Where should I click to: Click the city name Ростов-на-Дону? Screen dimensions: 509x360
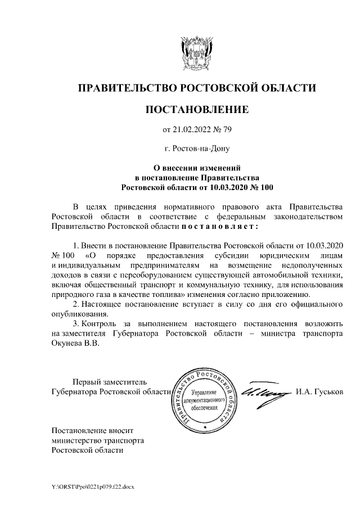pos(201,149)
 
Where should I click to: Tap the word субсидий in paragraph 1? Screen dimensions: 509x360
pos(223,255)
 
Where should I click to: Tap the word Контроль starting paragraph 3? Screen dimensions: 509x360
pos(98,325)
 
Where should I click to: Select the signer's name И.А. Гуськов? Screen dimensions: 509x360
pos(319,391)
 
